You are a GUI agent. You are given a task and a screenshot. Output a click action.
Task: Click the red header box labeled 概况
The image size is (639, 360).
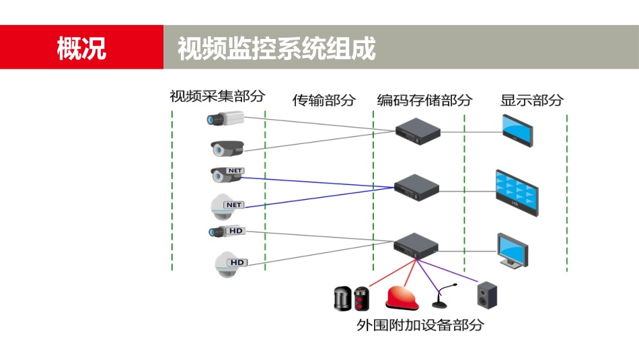click(81, 48)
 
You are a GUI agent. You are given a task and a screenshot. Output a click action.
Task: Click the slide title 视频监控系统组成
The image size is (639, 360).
click(276, 48)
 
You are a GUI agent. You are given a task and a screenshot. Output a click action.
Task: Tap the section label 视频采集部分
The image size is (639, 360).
click(217, 96)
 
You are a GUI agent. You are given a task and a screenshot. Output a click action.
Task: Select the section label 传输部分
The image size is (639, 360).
click(324, 100)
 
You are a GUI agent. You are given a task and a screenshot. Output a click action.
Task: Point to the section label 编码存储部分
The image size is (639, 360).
click(424, 100)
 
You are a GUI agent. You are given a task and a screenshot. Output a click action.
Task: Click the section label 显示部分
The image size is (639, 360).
click(531, 100)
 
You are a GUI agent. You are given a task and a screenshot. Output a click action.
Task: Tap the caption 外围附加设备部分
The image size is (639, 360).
click(420, 325)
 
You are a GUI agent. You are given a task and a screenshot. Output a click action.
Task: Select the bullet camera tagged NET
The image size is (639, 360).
click(225, 174)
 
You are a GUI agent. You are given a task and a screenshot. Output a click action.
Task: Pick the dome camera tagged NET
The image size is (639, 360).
click(225, 207)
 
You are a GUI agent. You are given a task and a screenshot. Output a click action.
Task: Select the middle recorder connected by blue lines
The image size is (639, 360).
click(416, 188)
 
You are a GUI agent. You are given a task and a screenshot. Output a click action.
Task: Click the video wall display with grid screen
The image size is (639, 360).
click(517, 192)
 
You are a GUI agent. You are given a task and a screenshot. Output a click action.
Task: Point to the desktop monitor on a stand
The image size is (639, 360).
click(513, 252)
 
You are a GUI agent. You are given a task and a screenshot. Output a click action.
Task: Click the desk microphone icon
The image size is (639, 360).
click(444, 297)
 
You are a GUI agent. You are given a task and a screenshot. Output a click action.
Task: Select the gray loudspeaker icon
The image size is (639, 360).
click(487, 295)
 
